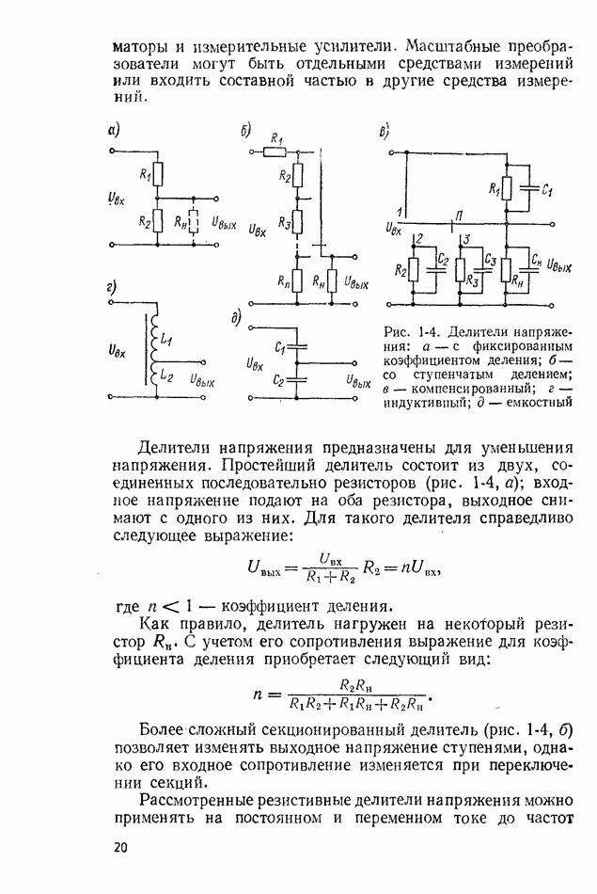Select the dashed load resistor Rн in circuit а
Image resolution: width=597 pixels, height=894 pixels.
[x=194, y=222]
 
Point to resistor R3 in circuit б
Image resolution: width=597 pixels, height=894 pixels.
[x=296, y=222]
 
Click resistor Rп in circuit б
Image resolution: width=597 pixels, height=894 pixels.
[x=296, y=279]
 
